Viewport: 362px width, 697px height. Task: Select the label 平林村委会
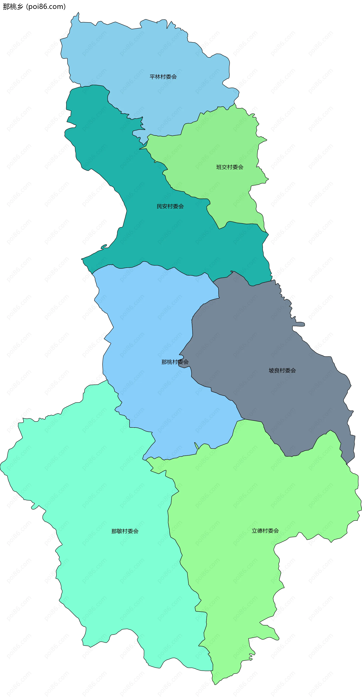[x=163, y=77]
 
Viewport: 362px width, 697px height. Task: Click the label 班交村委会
[x=230, y=167]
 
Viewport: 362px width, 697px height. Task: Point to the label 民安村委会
[x=170, y=206]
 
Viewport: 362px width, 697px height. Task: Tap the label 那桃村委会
[x=175, y=362]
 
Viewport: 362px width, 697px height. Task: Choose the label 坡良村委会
[x=282, y=371]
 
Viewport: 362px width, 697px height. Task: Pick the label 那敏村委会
[x=125, y=531]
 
